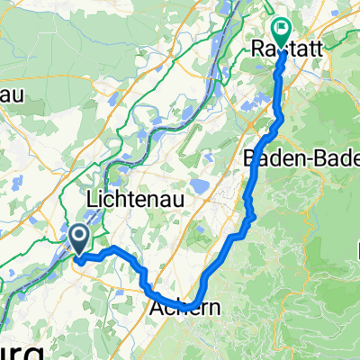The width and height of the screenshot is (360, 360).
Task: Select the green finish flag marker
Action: pyautogui.click(x=281, y=32)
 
